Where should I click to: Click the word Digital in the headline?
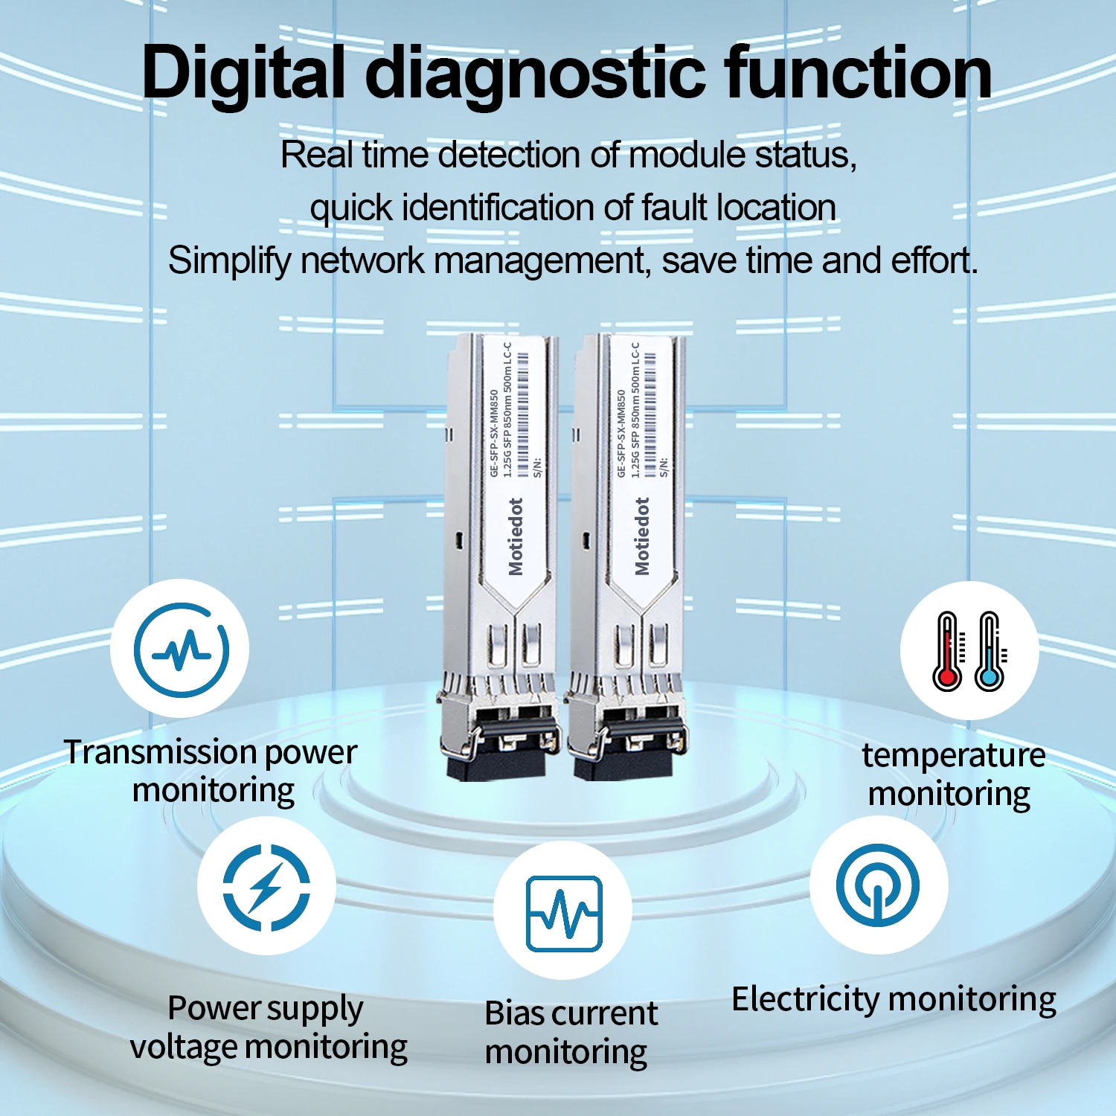coord(243,73)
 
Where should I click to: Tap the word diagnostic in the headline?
coord(534,73)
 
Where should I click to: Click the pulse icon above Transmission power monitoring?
coord(181,650)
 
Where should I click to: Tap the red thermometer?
coord(947,651)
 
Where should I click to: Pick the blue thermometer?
coord(990,651)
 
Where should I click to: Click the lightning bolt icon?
coord(266,886)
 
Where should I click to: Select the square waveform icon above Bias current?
coord(563,914)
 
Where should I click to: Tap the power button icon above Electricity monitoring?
coord(878,885)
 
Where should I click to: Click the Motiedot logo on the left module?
coord(516,536)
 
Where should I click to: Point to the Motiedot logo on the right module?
coord(642,536)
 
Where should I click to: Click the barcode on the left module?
coord(523,413)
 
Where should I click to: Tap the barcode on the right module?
coord(650,413)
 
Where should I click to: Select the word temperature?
coord(954,755)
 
